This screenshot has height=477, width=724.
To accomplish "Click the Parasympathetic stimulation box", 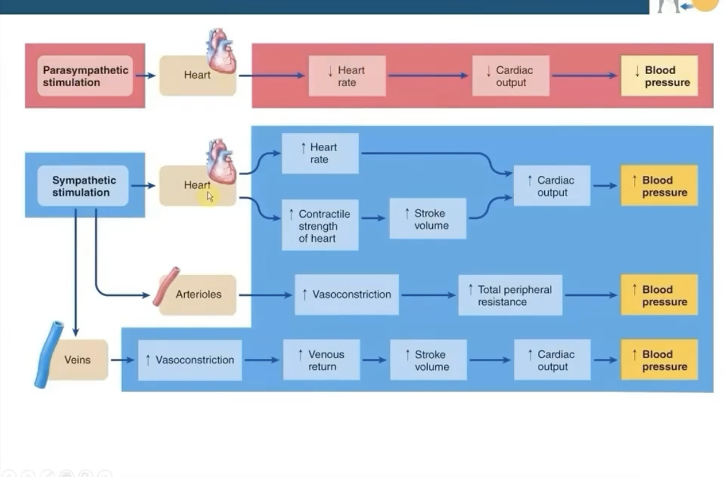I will pyautogui.click(x=85, y=76).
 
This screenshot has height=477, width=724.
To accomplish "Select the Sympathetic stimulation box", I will pyautogui.click(x=82, y=186).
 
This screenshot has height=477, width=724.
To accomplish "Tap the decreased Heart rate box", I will pyautogui.click(x=347, y=76).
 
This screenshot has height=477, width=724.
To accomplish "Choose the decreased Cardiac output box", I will pyautogui.click(x=510, y=76).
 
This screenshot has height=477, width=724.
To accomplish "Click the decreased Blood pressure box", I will pyautogui.click(x=659, y=76).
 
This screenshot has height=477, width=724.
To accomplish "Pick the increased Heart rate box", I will pyautogui.click(x=320, y=153).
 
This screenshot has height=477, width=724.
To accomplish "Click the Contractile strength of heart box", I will pyautogui.click(x=320, y=226).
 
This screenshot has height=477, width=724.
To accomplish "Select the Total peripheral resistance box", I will pyautogui.click(x=510, y=295).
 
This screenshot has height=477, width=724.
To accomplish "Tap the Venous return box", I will pyautogui.click(x=321, y=360).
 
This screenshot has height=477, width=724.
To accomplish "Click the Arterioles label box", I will pyautogui.click(x=198, y=295).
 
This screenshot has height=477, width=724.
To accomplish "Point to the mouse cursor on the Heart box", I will pyautogui.click(x=210, y=197).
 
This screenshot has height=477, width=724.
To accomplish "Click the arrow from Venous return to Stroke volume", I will pyautogui.click(x=374, y=360).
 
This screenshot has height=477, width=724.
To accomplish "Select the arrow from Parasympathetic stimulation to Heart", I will pyautogui.click(x=146, y=76).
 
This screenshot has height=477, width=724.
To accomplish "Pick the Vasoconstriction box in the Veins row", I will pyautogui.click(x=189, y=360).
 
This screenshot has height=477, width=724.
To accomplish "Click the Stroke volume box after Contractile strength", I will pyautogui.click(x=427, y=219).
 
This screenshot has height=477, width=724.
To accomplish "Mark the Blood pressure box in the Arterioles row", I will pyautogui.click(x=659, y=295).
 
